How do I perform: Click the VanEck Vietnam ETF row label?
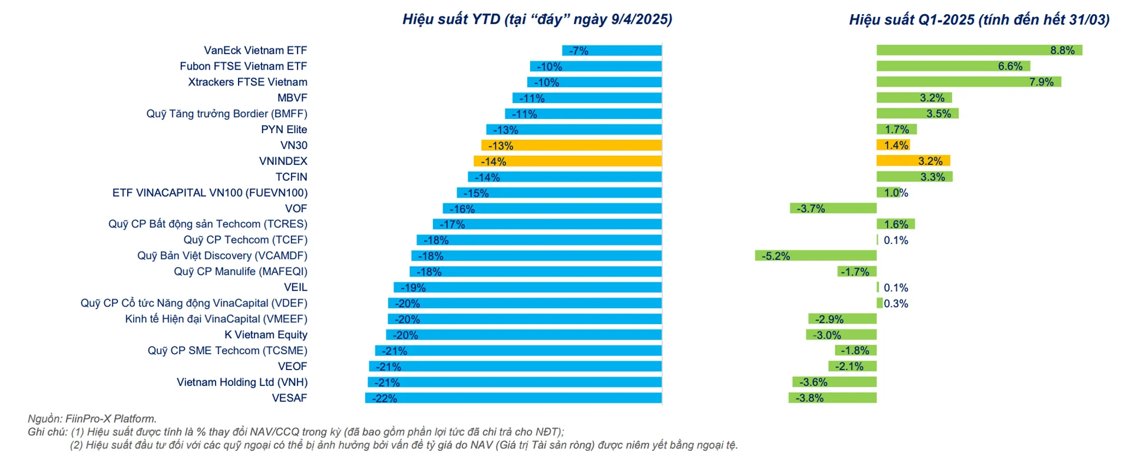(255, 51)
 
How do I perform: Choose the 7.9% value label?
(1041, 82)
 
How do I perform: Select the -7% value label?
(578, 51)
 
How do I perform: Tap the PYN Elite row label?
(284, 130)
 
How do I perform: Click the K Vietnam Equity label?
(266, 335)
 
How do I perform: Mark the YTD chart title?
(537, 19)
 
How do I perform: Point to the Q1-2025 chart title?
(979, 19)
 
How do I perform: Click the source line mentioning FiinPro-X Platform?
(92, 418)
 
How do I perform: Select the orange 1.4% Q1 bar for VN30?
(892, 145)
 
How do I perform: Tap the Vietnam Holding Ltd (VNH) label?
(242, 382)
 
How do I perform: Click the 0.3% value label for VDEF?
(896, 304)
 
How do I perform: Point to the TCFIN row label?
(291, 177)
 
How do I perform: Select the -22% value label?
(384, 398)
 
